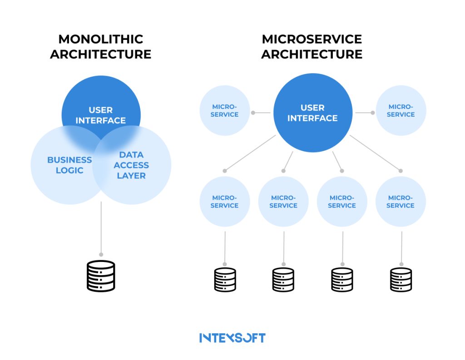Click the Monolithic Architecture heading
(100, 47)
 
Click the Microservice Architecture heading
(312, 47)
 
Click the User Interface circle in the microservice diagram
(312, 113)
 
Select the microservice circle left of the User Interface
(225, 111)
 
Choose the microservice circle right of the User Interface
(401, 111)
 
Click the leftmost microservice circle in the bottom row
(225, 202)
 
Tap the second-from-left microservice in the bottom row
(283, 202)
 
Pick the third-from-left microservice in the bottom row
(342, 202)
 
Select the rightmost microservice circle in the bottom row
(401, 202)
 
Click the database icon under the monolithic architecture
(101, 276)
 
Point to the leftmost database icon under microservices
(225, 279)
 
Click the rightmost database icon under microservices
(401, 279)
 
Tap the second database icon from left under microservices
(283, 279)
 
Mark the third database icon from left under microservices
(342, 279)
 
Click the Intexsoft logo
(232, 338)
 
